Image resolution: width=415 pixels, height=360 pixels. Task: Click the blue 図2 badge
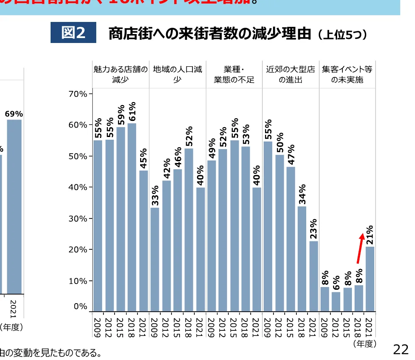pyautogui.click(x=73, y=33)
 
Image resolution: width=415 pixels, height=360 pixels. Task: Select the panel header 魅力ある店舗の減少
pyautogui.click(x=120, y=74)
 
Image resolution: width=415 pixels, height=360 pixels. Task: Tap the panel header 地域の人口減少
pyautogui.click(x=177, y=74)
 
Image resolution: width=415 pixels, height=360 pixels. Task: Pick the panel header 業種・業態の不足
pyautogui.click(x=234, y=74)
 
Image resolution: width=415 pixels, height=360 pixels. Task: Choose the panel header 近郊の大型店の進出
pyautogui.click(x=290, y=74)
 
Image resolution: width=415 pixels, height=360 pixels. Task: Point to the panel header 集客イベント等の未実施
pyautogui.click(x=347, y=74)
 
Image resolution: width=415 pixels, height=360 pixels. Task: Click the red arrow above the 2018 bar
pyautogui.click(x=359, y=248)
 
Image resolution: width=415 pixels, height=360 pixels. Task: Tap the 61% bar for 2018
pyautogui.click(x=132, y=217)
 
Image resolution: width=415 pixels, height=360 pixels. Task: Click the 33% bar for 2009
pyautogui.click(x=154, y=259)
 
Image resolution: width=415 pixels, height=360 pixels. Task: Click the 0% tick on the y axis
pyautogui.click(x=81, y=307)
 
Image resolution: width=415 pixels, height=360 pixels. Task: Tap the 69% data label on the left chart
pyautogui.click(x=14, y=114)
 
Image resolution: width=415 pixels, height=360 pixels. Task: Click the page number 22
pyautogui.click(x=401, y=349)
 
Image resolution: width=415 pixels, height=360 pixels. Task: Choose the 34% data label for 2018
pyautogui.click(x=302, y=193)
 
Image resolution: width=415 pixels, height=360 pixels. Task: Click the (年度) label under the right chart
pyautogui.click(x=364, y=344)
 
